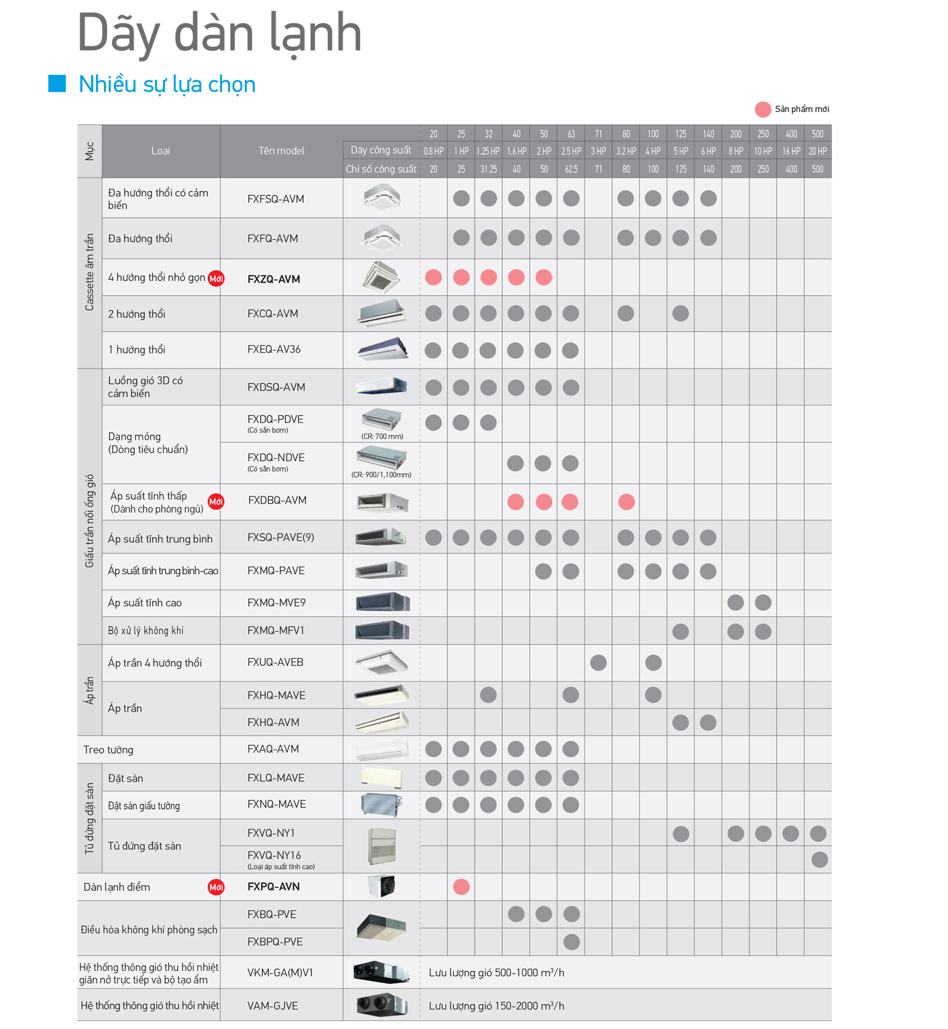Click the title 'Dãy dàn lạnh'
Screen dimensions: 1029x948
219,33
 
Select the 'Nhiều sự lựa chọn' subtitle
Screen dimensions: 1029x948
167,84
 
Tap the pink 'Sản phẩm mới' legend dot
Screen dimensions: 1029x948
762,109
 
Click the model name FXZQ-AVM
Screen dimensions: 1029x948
274,279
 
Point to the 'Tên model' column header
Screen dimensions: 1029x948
281,151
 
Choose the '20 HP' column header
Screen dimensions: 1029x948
817,151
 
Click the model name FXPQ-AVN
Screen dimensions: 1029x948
274,887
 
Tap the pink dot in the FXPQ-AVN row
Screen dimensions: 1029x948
461,887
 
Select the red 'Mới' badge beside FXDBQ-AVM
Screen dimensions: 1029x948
216,501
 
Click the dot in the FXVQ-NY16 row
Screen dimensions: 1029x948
819,860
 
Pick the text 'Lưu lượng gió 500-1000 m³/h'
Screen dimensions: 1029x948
496,973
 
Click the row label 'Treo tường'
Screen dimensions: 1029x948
108,750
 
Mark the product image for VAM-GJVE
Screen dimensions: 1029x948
381,1005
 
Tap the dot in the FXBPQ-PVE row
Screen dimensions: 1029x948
571,942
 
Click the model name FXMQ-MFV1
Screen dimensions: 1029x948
276,630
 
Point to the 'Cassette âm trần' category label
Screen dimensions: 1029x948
89,273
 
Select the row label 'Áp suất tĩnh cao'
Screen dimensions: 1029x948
145,603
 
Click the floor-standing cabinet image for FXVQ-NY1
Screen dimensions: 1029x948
381,845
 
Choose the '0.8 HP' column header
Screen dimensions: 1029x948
434,151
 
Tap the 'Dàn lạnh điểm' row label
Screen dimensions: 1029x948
117,887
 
